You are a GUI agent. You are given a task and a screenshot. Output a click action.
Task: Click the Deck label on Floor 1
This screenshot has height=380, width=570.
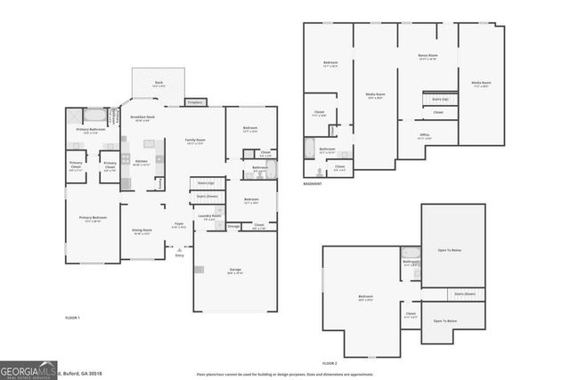[158, 84]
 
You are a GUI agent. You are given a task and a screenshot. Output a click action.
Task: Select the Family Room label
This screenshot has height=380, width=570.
[195, 141]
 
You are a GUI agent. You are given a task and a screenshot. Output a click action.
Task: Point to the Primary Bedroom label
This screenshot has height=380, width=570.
[91, 219]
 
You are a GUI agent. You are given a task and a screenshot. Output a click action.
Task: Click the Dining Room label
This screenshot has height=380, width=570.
[142, 231]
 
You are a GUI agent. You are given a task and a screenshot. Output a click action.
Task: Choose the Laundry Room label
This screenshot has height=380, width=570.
[210, 216]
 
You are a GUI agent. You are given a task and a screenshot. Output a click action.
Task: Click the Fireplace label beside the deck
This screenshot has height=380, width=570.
[195, 102]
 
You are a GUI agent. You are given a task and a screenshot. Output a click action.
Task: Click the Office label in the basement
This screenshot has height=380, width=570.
[426, 136]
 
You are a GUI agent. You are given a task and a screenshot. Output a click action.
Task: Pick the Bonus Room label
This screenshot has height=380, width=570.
[427, 56]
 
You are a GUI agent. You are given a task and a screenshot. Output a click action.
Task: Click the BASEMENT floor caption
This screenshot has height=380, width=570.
[312, 184]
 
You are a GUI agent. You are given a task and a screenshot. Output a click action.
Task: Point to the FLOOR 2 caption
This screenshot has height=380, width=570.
[330, 363]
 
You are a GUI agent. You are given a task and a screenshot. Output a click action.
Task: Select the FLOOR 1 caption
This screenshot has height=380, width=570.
[73, 318]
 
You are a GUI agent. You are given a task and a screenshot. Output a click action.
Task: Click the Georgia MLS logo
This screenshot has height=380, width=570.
[28, 369]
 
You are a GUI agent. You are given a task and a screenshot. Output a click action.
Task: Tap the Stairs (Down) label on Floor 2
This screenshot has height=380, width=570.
[464, 293]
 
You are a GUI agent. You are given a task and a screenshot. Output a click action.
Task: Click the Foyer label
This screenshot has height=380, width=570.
[179, 225]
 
